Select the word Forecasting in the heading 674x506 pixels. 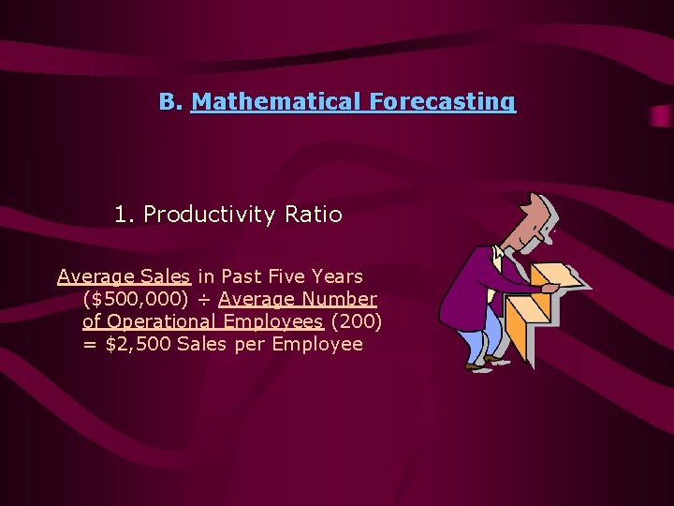[442, 101]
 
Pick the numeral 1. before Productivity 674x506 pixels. [125, 215]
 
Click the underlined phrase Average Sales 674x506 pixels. [124, 276]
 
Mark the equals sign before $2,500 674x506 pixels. [90, 344]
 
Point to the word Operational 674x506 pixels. [165, 321]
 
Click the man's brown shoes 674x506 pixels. [487, 362]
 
